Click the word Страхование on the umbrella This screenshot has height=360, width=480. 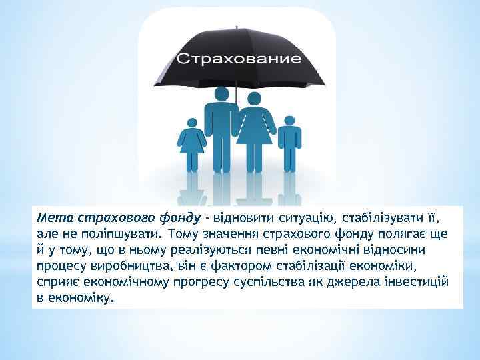[238, 58]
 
